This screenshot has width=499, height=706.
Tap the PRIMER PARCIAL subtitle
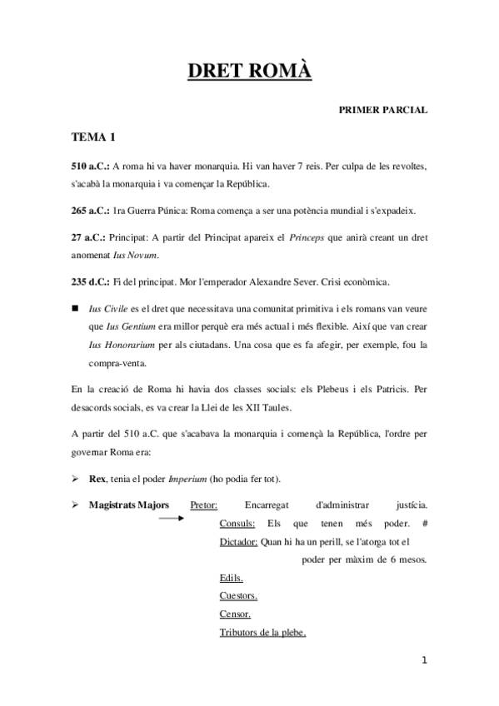(x=382, y=110)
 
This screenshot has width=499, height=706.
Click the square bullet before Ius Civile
(x=75, y=308)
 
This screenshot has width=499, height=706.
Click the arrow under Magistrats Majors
(x=171, y=518)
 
